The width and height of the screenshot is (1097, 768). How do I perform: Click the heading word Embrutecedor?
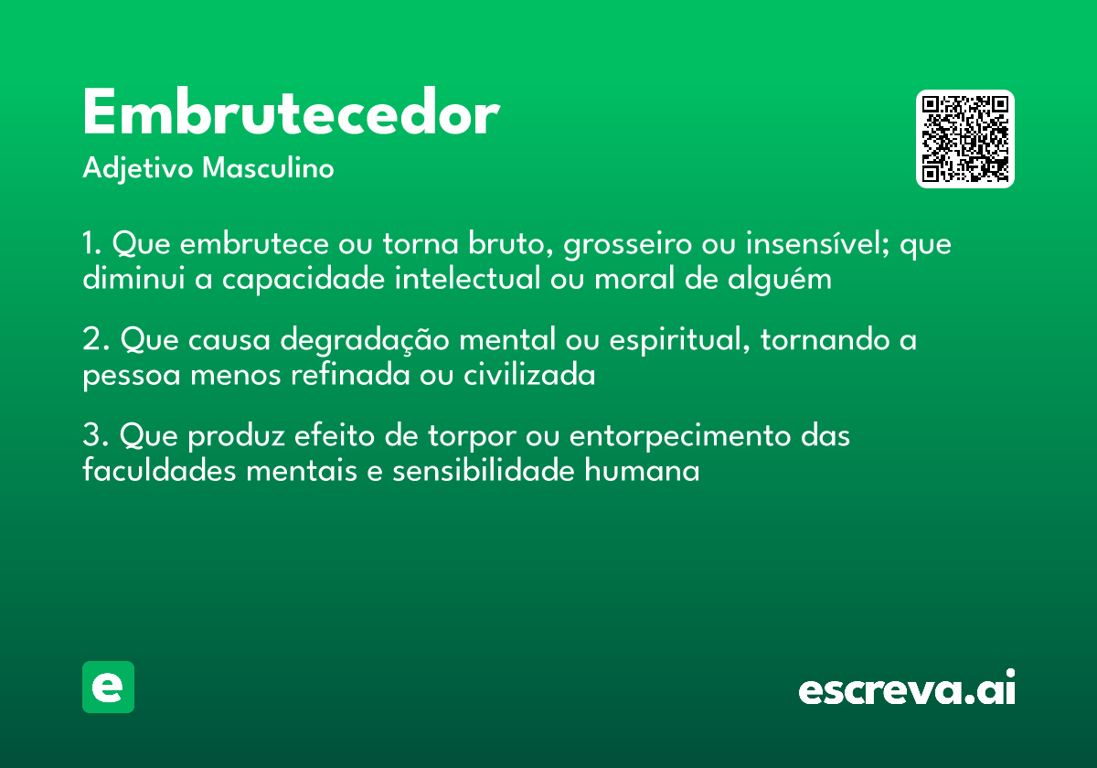click(x=291, y=114)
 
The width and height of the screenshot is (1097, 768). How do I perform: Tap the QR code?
click(x=965, y=139)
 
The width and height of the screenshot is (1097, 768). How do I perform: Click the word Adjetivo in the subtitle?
click(x=139, y=169)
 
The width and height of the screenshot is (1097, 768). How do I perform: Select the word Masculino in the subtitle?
click(x=268, y=169)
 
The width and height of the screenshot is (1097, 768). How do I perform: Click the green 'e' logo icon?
click(x=108, y=687)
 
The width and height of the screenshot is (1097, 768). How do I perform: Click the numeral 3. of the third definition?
click(x=94, y=436)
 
